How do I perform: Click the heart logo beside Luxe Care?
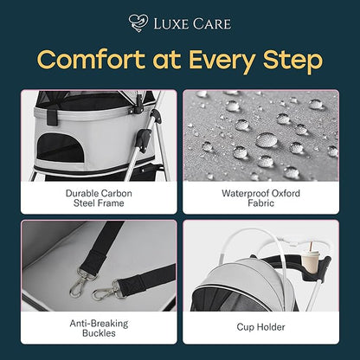[138, 23]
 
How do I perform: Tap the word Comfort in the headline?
[91, 60]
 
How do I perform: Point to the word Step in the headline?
[292, 61]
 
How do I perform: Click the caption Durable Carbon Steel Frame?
[99, 198]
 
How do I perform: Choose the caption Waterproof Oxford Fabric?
[260, 198]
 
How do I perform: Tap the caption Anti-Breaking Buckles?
[99, 328]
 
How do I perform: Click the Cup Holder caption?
[260, 327]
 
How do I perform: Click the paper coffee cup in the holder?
[310, 262]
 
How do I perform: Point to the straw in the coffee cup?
[311, 247]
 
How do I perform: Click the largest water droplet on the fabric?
[267, 140]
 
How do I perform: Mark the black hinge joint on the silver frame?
[144, 139]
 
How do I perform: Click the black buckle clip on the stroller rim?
[52, 114]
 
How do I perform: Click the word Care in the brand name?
[212, 24]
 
